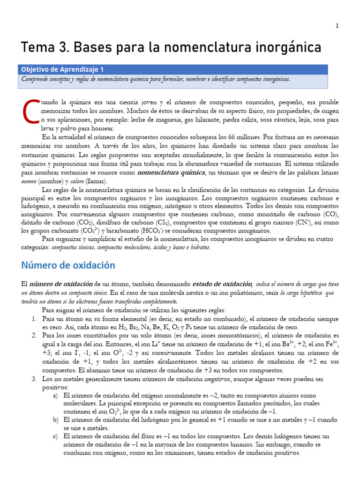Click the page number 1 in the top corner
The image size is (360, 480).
[x=337, y=26]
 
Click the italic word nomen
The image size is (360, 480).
[x=29, y=181]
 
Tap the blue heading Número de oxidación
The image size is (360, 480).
[x=68, y=265]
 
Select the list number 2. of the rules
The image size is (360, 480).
[x=34, y=336]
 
